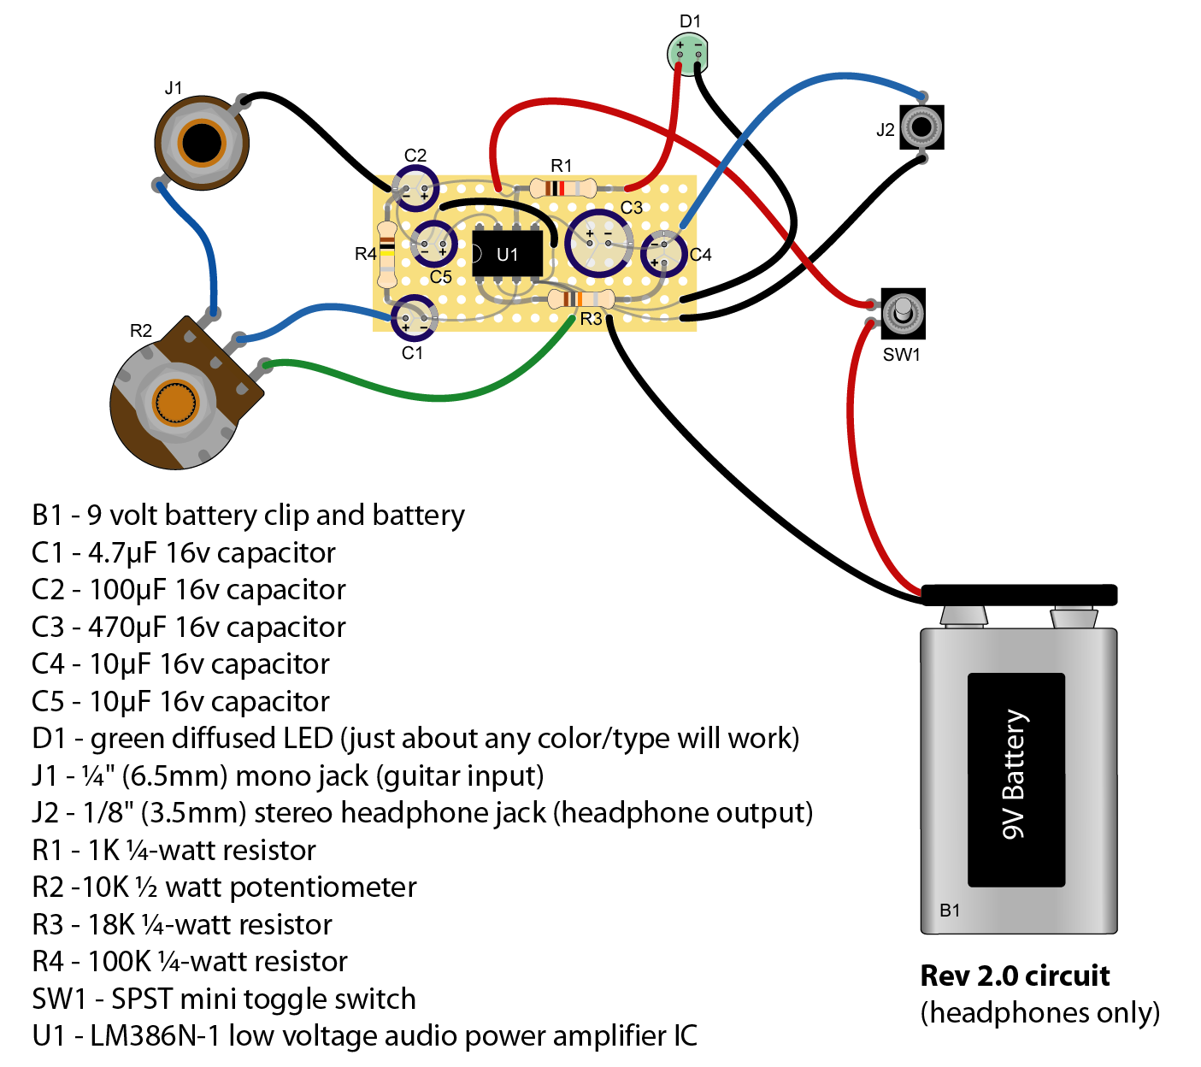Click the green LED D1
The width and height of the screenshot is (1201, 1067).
688,54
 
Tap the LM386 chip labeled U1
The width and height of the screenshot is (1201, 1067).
507,254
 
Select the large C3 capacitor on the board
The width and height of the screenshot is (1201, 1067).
600,242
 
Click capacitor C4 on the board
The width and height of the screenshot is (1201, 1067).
663,253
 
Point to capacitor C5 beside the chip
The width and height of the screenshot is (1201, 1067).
433,244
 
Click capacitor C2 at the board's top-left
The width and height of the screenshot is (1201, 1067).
415,189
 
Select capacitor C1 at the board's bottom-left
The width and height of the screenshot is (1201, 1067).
415,319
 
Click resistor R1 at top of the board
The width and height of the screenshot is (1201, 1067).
562,188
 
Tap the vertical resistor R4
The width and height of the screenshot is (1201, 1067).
387,253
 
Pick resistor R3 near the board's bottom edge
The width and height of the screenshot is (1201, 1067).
580,299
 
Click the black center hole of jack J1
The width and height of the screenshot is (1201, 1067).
202,143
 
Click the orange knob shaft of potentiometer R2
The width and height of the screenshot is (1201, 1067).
175,403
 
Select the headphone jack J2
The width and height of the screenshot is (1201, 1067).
921,127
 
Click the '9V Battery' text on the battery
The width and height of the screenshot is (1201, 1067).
1015,775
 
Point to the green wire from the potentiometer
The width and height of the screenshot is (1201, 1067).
427,395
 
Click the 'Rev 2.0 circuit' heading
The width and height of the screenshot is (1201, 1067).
1015,976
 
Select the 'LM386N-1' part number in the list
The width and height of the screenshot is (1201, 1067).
155,1035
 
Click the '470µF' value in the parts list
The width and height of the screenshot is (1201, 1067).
127,627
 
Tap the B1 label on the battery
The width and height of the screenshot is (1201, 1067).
950,910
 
